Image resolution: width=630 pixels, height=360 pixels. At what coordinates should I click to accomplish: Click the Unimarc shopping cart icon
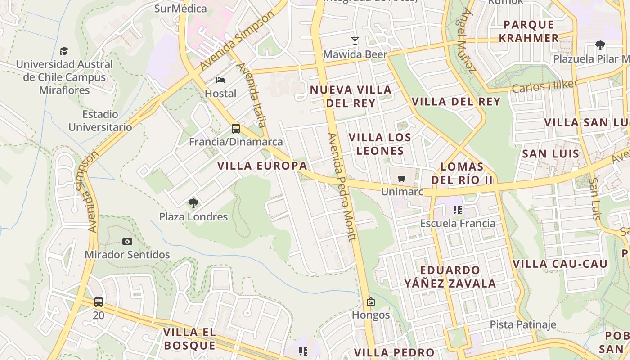tap(402, 178)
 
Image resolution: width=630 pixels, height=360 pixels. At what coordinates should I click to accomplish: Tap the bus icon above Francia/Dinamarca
tap(236, 129)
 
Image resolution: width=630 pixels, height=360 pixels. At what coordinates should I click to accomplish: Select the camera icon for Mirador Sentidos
tap(127, 242)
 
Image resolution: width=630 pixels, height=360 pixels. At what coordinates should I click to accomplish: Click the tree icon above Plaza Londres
tap(193, 203)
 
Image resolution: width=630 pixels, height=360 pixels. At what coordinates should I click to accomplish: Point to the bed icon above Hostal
tap(220, 80)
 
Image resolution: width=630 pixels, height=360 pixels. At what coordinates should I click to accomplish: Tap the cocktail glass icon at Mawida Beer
tap(355, 41)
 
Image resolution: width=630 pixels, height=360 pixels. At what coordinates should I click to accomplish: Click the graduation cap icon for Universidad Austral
tap(64, 51)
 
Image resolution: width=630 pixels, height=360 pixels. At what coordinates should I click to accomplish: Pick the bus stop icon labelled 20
tap(99, 302)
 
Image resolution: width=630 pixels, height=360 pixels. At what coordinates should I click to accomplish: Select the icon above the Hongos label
tap(371, 301)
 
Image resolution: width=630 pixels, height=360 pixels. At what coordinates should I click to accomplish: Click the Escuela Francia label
tap(458, 223)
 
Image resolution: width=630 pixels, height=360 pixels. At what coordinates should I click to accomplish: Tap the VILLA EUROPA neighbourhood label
tap(262, 166)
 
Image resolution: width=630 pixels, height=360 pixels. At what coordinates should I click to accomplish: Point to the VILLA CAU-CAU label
tap(560, 264)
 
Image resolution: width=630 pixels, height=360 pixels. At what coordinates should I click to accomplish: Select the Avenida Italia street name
tap(252, 94)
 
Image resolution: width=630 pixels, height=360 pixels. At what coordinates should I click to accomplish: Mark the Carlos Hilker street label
tap(544, 85)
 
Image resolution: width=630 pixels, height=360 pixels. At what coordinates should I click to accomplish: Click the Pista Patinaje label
tap(523, 324)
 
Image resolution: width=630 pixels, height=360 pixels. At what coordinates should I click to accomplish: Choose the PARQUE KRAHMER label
tap(529, 31)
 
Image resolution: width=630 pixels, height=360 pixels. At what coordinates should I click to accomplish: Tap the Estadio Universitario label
tap(100, 121)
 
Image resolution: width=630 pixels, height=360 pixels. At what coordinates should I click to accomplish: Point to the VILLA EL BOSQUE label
tap(189, 339)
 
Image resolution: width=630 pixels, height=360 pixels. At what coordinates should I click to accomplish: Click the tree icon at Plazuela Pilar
tap(600, 45)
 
